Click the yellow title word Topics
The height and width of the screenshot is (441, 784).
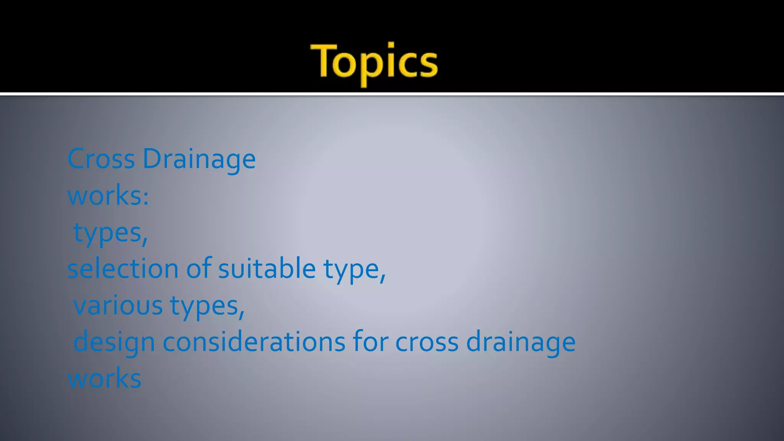point(374,62)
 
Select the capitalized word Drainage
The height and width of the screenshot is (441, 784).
point(199,159)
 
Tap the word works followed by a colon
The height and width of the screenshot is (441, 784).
point(103,196)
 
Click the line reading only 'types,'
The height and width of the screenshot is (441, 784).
point(110,233)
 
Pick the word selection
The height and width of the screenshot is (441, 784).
point(123,268)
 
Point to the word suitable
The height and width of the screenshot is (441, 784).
point(266,268)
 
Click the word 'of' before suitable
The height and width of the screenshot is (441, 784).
point(199,268)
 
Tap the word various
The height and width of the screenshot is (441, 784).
point(118,305)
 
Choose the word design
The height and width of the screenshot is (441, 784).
point(114,342)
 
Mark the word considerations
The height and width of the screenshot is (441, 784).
point(254,341)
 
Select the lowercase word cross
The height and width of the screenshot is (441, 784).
point(426,342)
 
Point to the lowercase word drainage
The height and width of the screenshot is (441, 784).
point(521,342)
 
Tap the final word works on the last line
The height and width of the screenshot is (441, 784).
point(105,378)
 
